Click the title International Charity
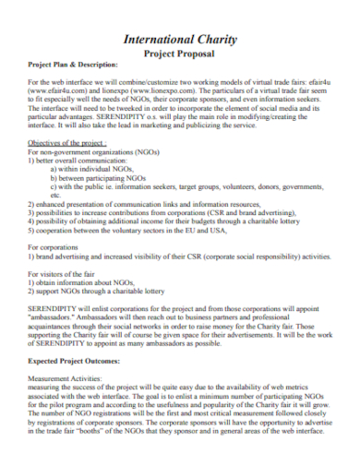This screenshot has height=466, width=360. [180, 40]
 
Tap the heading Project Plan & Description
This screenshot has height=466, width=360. [74, 66]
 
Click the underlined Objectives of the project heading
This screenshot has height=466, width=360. [67, 143]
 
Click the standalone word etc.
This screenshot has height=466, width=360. [57, 194]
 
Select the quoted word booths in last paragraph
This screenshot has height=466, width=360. [112, 431]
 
